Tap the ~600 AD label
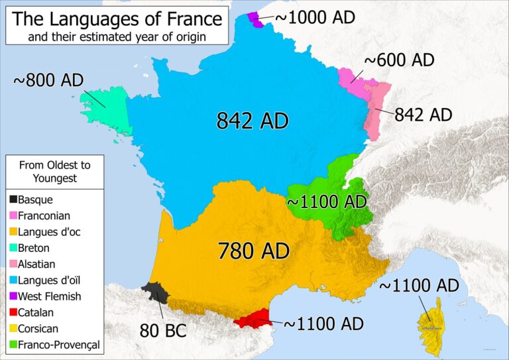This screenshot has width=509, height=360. [x=398, y=60]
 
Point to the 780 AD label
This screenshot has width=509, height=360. [x=254, y=251]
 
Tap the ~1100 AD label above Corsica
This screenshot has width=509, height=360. [x=418, y=286]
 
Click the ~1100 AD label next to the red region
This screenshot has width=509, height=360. [x=323, y=324]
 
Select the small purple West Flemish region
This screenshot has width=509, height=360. [x=254, y=20]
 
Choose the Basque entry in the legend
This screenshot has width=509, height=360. [x=35, y=199]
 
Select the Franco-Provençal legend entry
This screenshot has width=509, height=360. [x=59, y=345]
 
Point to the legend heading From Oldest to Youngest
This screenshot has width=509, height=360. [x=54, y=171]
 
